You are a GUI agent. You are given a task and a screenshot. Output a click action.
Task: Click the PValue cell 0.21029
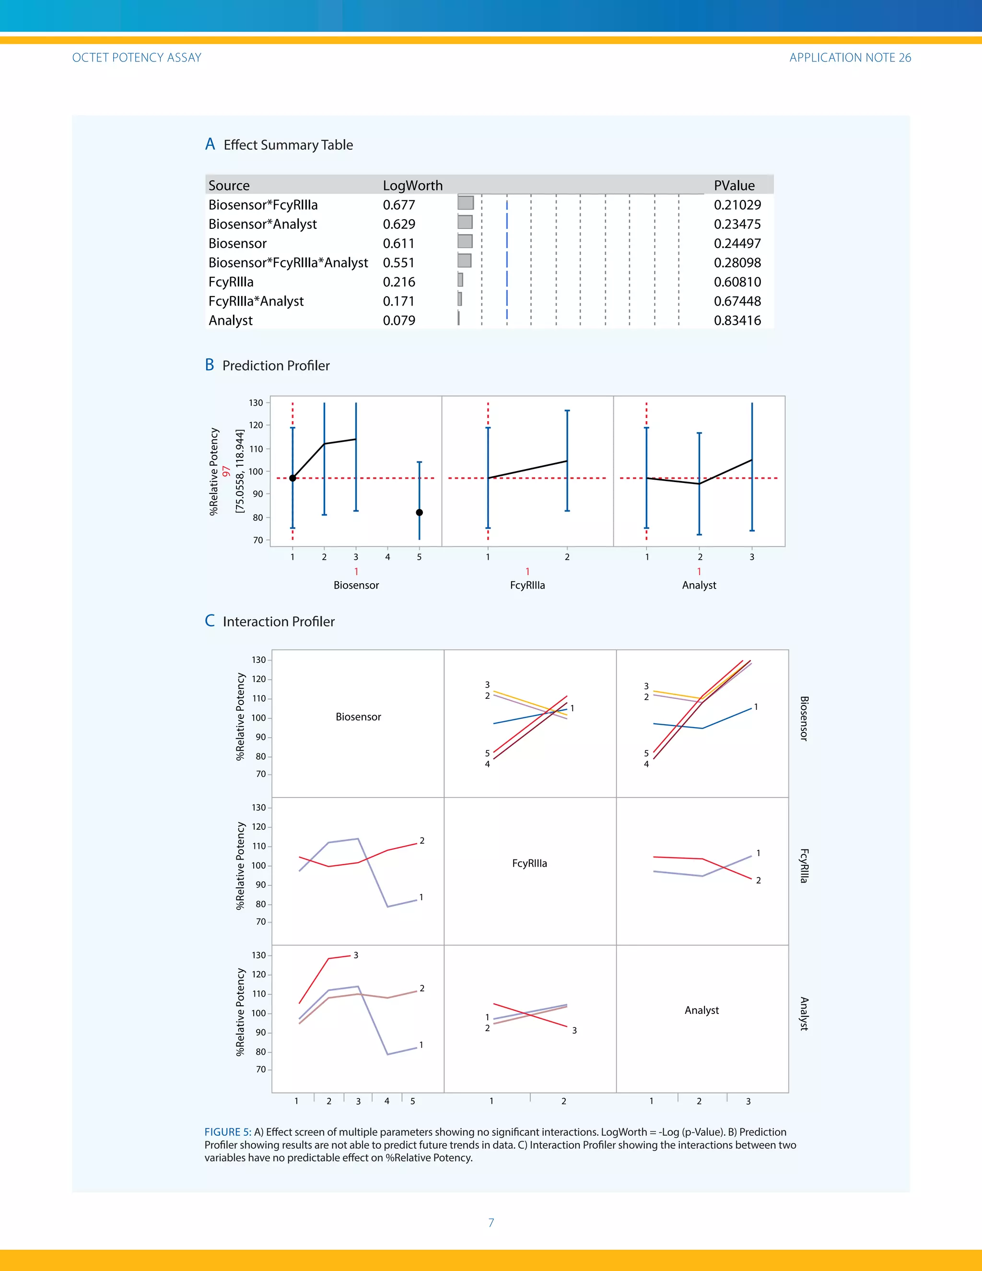(x=737, y=205)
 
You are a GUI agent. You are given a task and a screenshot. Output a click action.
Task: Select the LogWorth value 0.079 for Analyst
(x=399, y=321)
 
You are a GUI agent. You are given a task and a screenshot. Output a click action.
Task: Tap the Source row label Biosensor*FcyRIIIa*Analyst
(x=288, y=263)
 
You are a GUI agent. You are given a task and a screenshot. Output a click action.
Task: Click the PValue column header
(x=734, y=186)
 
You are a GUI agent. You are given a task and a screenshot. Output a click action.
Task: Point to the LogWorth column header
(x=412, y=186)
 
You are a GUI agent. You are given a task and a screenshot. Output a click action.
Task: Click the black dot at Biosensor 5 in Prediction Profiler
(x=420, y=513)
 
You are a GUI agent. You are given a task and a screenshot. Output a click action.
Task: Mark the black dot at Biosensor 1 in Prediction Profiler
(x=292, y=478)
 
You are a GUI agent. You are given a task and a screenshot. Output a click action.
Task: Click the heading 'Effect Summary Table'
(x=288, y=145)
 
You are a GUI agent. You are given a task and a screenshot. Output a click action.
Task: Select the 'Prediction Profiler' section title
(x=276, y=365)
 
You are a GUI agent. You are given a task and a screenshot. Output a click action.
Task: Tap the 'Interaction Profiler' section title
(x=279, y=622)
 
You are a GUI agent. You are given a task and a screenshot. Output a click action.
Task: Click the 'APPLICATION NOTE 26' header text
(x=850, y=58)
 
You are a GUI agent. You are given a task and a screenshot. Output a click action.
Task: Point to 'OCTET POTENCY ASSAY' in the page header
(x=137, y=58)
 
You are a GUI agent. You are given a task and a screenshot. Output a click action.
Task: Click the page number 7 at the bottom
(x=491, y=1223)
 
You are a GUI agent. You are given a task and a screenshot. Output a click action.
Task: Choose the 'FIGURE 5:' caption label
(x=227, y=1132)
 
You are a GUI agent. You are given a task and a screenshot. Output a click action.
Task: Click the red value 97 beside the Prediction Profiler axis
(x=226, y=471)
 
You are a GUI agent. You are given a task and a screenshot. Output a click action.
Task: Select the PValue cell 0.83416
(x=737, y=321)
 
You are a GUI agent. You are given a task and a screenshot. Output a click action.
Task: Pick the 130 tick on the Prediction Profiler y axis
(x=256, y=403)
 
